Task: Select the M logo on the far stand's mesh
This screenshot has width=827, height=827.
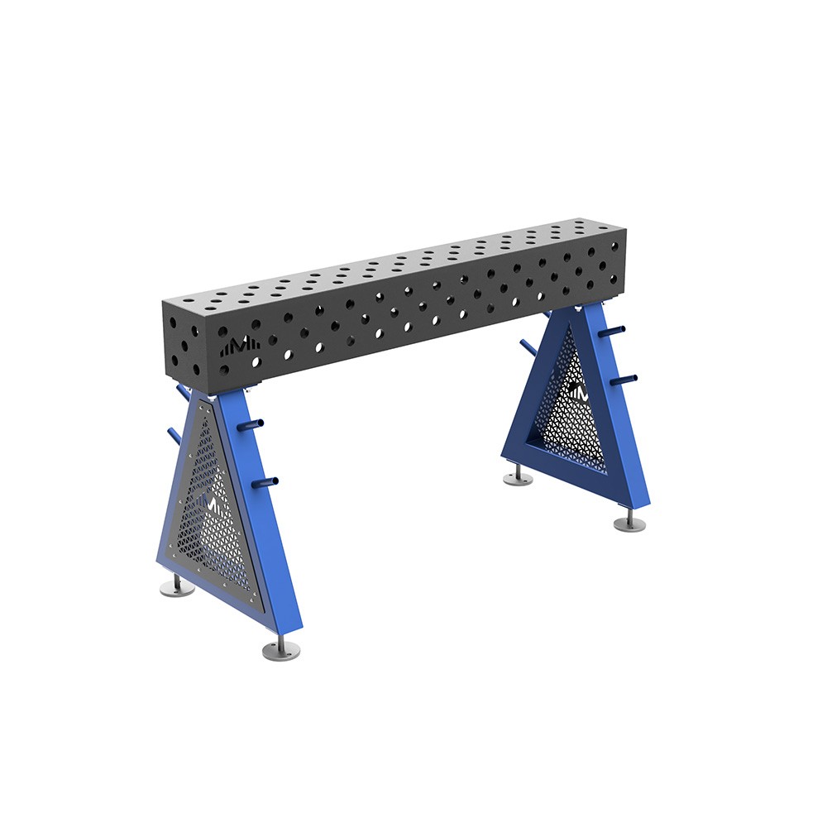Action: [577, 393]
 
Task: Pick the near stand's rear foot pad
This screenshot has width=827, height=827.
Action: [177, 588]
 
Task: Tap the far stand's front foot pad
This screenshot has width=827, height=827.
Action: [629, 523]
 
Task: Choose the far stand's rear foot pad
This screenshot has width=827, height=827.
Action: [518, 478]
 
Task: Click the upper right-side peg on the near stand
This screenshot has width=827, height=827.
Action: [251, 424]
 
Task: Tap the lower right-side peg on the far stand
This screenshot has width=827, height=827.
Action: [626, 380]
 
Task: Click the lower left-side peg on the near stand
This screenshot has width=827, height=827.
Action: [174, 434]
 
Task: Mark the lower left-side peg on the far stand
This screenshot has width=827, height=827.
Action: [527, 347]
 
